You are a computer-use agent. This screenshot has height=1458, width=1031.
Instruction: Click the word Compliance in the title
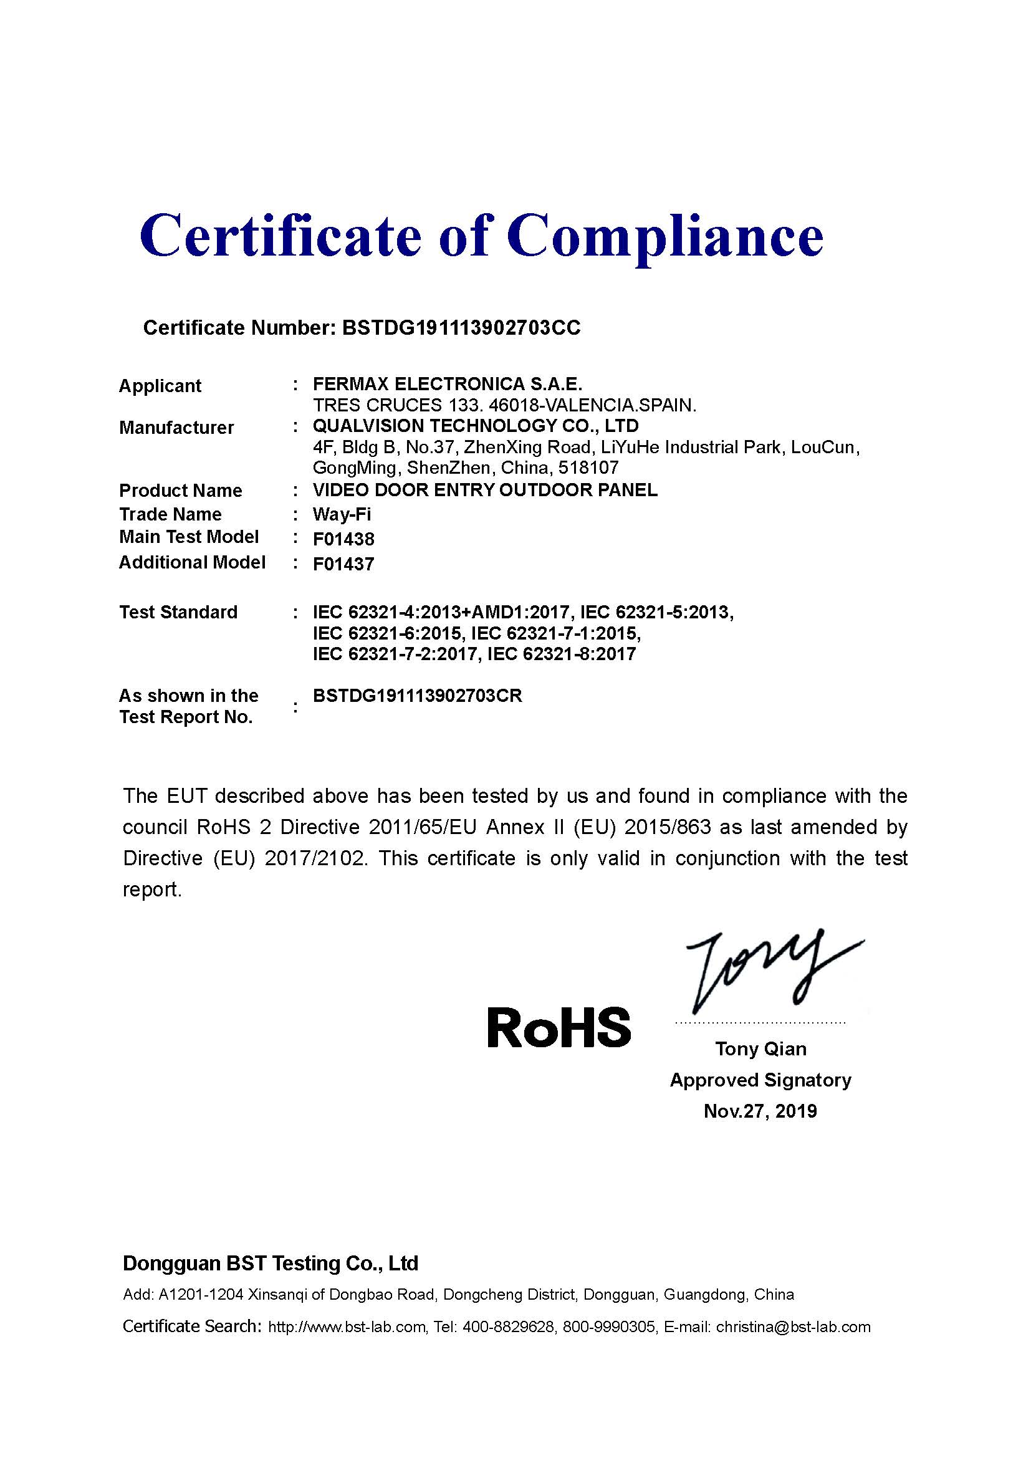point(664,236)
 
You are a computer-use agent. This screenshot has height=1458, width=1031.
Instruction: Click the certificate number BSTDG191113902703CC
point(461,328)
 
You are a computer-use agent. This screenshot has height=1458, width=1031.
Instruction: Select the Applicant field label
point(160,385)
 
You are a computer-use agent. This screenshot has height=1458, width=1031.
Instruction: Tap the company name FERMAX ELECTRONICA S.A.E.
point(447,384)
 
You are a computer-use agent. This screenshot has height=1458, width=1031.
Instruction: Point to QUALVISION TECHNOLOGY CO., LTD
point(476,426)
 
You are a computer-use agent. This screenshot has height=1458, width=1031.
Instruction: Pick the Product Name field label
point(180,490)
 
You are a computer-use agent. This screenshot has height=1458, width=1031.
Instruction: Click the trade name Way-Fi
point(342,514)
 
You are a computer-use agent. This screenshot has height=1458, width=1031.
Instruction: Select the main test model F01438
point(343,539)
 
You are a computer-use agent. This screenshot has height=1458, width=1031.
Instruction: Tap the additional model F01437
point(343,564)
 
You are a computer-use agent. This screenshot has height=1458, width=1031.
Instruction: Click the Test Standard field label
point(178,612)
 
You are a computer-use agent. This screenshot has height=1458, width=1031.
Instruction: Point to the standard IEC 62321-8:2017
point(561,654)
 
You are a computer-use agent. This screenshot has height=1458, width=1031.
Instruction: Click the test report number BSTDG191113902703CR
point(417,696)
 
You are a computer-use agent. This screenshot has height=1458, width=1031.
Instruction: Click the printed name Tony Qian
point(760,1049)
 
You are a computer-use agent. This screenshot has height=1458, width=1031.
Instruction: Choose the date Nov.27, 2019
point(760,1111)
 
